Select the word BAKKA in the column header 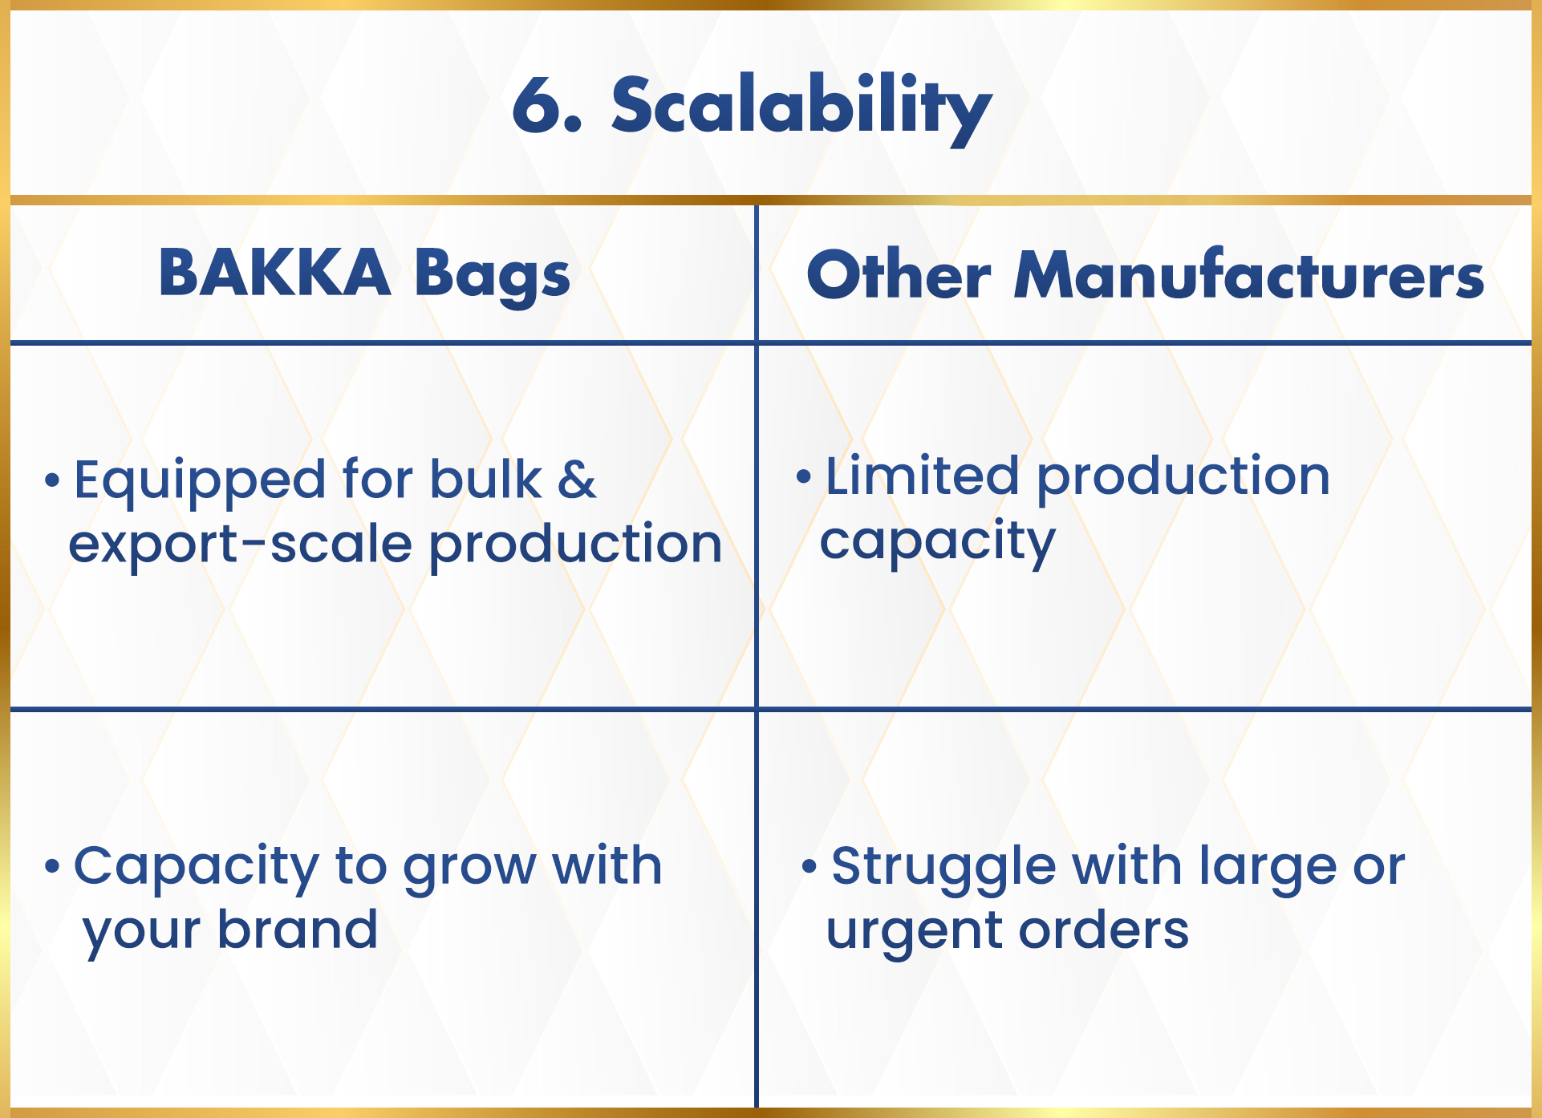(x=274, y=272)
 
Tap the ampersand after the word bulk (x=577, y=479)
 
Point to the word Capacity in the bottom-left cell (x=197, y=869)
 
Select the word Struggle (x=943, y=869)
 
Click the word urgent (x=915, y=934)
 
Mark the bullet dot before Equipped (x=52, y=480)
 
